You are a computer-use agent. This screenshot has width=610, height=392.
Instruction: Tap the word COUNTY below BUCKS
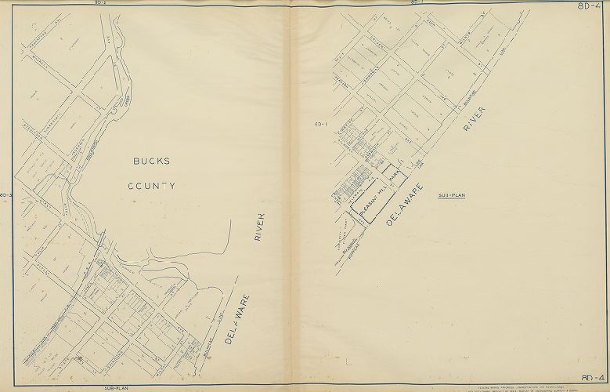[152, 187]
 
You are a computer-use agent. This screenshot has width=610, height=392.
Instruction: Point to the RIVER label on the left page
[261, 230]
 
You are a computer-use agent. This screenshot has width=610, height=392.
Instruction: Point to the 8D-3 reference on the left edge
[5, 194]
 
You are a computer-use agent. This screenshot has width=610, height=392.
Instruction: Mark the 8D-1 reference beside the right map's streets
[320, 123]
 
